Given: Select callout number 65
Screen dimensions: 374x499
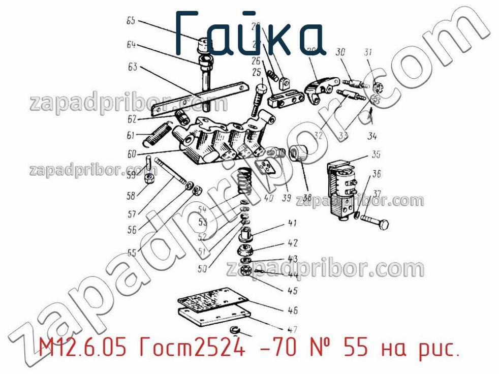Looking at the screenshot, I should click(131, 21).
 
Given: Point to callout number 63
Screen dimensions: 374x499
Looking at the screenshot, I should click(132, 68).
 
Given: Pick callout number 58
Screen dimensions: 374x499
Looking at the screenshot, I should click(131, 196).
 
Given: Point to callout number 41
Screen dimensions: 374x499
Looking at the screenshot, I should click(292, 223).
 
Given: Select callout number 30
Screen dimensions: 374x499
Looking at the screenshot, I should click(340, 52).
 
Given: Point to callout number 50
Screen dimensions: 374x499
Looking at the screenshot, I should click(202, 269).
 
